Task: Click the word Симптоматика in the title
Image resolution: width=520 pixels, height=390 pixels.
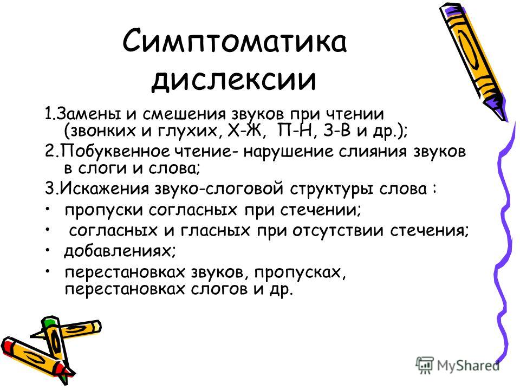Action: pos(235,41)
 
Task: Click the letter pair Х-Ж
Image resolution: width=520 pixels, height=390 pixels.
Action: pos(247,131)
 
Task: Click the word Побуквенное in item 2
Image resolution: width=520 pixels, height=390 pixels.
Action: pos(115,151)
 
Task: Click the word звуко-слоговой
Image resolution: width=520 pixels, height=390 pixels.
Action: pos(219,188)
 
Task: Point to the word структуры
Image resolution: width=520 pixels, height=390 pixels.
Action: pos(332,189)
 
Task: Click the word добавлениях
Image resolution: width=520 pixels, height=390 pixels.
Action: pos(120,251)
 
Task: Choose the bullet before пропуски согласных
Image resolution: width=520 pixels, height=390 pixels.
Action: pos(48,208)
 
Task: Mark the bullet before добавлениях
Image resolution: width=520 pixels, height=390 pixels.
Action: pos(48,249)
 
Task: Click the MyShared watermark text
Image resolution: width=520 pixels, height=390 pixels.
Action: pos(468,366)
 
